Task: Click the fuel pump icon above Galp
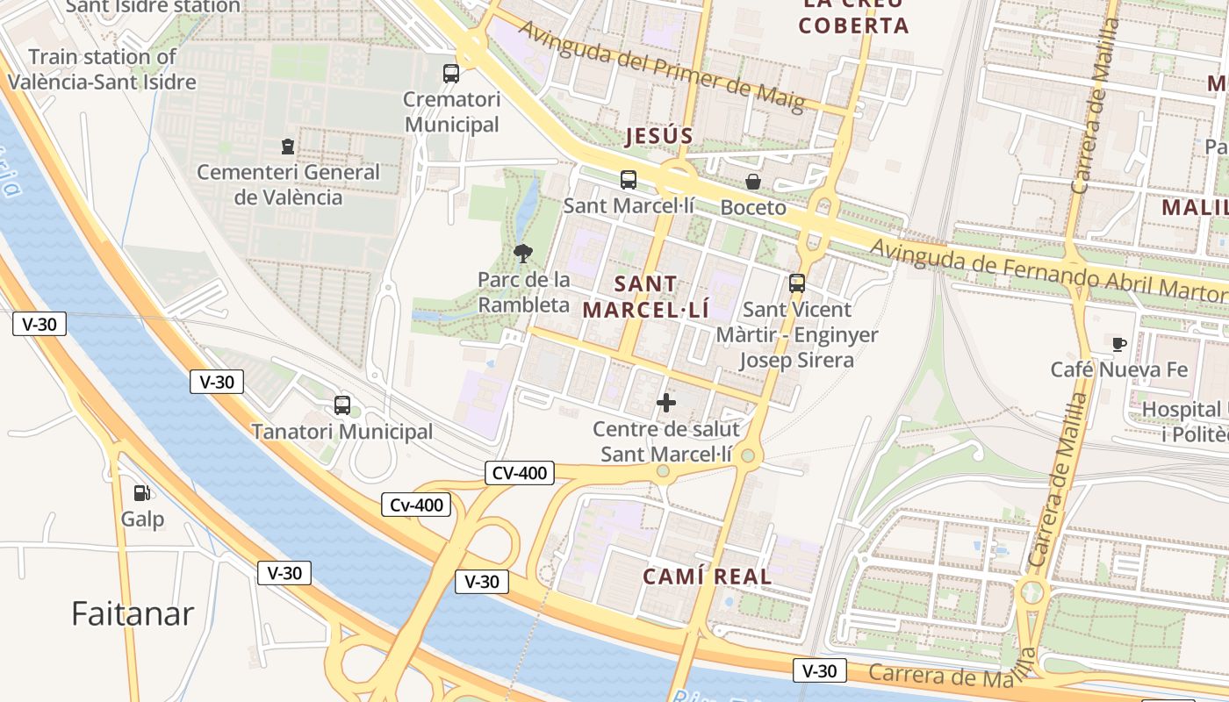(140, 493)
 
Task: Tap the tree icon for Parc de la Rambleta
(523, 254)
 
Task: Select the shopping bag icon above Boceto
(753, 182)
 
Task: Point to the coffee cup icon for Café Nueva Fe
(1118, 344)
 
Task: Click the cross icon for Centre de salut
(666, 403)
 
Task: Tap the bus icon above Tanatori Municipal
(342, 405)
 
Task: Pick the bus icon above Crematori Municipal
(451, 74)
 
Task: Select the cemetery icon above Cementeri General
(287, 146)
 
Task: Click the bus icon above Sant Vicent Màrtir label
(797, 283)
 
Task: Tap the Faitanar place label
(132, 613)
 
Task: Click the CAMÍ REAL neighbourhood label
(708, 577)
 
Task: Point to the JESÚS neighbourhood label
(659, 136)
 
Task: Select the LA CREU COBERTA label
(853, 16)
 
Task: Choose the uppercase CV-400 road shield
(520, 474)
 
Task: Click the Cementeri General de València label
(288, 184)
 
